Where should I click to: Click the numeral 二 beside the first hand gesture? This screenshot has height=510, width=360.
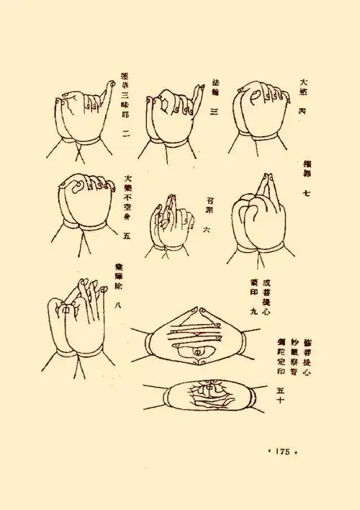click(x=127, y=132)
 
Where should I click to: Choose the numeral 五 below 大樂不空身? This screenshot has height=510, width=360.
click(x=127, y=235)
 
